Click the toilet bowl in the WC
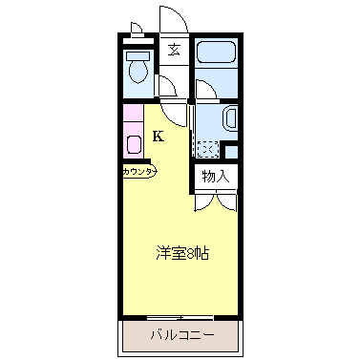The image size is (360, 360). pos(138,72)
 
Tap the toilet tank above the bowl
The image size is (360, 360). pos(138,56)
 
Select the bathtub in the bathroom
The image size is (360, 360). pos(216,51)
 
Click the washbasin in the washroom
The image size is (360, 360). pos(230,118)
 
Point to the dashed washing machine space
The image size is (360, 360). pos(208,149)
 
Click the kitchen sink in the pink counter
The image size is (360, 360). pos(134,144)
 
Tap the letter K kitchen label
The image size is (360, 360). pos(159,137)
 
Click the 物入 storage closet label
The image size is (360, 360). pos(216,176)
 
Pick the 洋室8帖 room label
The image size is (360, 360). pos(182,253)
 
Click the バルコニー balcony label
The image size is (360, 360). pos(182,335)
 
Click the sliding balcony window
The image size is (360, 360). pos(180,317)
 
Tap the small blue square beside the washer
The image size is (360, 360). pos(231,152)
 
